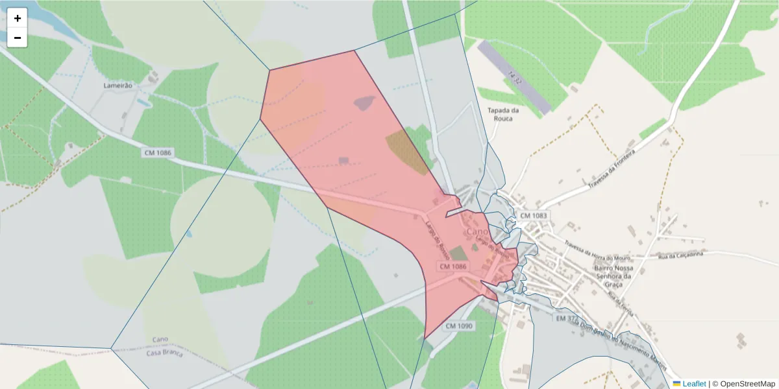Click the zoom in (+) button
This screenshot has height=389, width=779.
click(18, 18)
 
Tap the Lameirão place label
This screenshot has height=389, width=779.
click(118, 85)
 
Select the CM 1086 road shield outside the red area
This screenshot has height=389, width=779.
click(158, 152)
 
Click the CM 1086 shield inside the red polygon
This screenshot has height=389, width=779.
click(453, 266)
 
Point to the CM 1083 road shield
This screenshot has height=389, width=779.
click(534, 215)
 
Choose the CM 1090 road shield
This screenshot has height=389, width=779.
click(459, 326)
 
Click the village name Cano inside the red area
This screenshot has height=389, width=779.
click(477, 231)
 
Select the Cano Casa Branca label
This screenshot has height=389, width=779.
click(162, 346)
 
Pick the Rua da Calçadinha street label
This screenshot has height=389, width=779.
click(681, 256)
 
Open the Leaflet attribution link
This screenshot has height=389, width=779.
click(694, 383)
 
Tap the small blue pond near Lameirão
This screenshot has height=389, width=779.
click(142, 102)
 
